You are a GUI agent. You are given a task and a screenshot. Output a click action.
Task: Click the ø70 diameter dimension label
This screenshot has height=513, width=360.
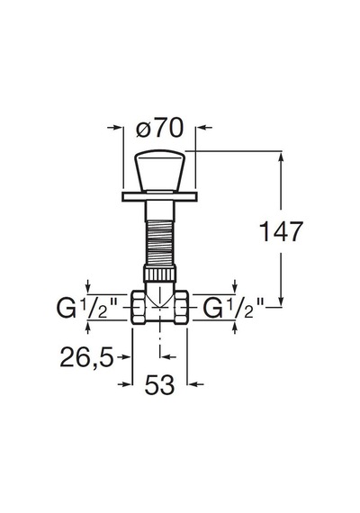point(159,128)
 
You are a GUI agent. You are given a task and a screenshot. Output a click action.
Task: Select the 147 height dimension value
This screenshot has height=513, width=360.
point(281,231)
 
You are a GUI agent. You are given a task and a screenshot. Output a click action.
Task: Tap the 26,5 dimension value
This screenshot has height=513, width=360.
point(86,357)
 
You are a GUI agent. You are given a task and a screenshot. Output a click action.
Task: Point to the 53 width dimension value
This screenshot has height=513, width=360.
point(159,384)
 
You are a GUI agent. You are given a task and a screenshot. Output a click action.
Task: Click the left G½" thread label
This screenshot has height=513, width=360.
point(87,308)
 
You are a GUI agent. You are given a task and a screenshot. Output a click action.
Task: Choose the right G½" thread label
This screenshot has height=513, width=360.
point(234,308)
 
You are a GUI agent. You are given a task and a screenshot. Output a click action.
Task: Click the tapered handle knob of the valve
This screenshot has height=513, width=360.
point(159,170)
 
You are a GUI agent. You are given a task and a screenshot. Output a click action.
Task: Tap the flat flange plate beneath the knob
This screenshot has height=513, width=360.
point(159,196)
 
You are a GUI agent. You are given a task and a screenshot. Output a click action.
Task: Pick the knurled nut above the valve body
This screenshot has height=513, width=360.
point(159,274)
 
